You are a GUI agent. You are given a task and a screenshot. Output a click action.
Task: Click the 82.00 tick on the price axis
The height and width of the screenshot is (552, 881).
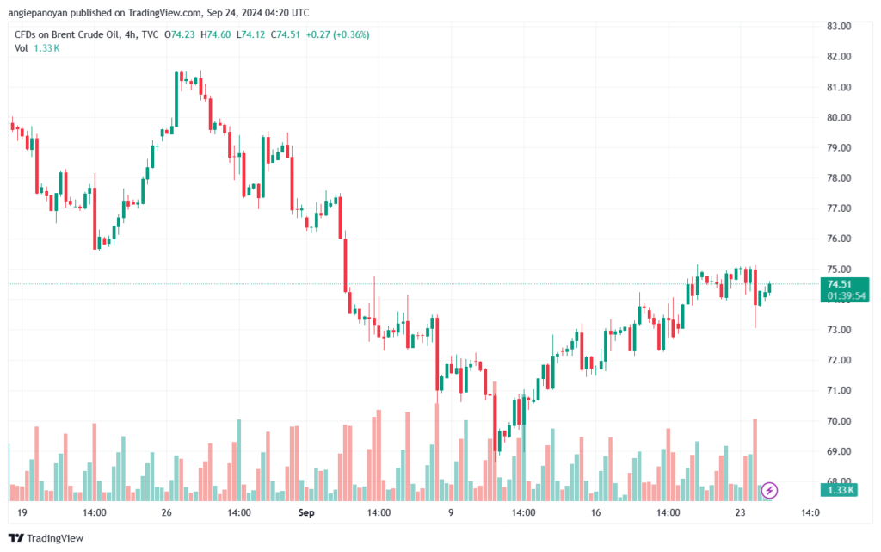point(839,57)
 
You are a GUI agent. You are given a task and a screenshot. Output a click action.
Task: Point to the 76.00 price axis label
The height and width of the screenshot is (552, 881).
point(839,239)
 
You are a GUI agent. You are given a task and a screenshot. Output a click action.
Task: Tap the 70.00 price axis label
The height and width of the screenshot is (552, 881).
point(839,421)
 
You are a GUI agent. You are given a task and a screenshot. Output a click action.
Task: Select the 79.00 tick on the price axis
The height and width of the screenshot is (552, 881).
point(839,148)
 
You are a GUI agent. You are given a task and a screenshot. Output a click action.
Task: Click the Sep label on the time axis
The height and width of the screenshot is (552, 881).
point(305,512)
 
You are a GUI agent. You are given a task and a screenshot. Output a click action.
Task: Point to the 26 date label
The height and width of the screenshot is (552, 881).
point(167,512)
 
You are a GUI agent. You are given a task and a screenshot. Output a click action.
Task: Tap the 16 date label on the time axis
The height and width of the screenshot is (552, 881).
point(595,512)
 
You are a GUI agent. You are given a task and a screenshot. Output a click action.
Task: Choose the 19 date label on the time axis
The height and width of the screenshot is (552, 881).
point(22,512)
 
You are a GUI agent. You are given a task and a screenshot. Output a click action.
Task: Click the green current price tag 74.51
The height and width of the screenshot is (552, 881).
point(840,284)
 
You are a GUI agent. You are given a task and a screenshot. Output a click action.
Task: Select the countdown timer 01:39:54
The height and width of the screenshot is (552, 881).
point(846,295)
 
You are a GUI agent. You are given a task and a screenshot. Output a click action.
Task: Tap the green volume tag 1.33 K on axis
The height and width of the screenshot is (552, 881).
point(840,490)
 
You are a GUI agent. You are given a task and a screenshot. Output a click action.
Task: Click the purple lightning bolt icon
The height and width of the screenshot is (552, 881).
point(770,490)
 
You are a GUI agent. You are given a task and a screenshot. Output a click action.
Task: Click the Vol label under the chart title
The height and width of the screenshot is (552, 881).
point(22,48)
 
